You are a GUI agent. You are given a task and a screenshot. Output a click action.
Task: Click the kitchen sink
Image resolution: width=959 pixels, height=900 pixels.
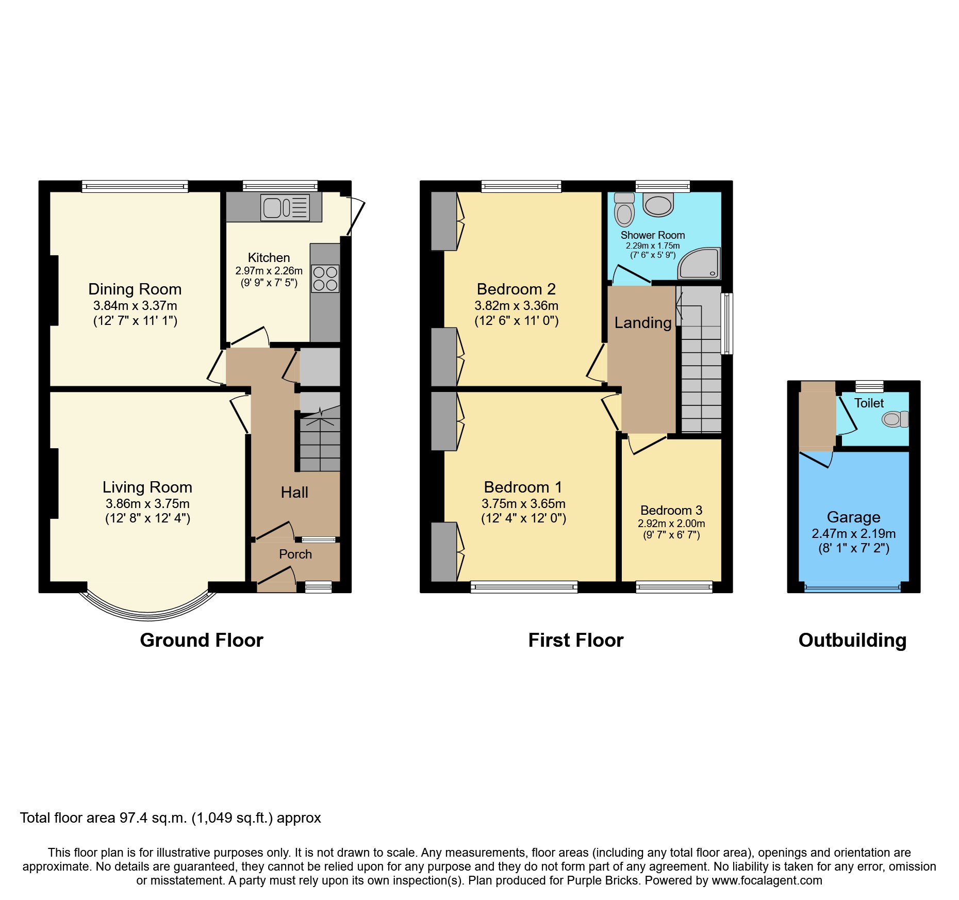(x=285, y=207)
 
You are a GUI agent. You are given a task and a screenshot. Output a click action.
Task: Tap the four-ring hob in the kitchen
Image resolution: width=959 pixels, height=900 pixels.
(x=325, y=279)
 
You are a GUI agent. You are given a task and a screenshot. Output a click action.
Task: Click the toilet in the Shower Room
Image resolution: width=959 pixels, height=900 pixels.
(x=624, y=210)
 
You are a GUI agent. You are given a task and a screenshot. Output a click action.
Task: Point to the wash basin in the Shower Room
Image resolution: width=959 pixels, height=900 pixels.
(x=658, y=205)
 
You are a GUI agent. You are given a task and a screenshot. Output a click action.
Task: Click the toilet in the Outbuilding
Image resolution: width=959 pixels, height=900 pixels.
(x=895, y=419)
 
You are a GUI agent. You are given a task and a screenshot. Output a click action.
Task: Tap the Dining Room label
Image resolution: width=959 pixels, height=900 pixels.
(x=135, y=289)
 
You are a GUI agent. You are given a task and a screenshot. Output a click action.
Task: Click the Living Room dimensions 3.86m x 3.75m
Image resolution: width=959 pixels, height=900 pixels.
(x=147, y=503)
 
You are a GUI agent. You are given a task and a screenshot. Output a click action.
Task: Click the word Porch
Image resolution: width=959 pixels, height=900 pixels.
(x=295, y=554)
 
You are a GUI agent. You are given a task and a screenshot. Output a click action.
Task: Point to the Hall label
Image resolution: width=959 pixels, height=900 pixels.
(x=294, y=492)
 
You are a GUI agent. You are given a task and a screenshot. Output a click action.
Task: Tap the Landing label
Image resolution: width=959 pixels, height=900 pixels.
(x=643, y=323)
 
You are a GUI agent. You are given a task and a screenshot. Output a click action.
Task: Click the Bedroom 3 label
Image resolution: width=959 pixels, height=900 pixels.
(x=671, y=510)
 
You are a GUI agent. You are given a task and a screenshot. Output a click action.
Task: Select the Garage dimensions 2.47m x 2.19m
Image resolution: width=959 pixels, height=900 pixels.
(x=853, y=533)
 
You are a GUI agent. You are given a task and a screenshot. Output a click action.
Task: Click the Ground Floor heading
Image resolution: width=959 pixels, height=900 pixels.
(x=202, y=640)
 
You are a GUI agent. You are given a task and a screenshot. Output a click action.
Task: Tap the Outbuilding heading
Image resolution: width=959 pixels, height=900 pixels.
(x=852, y=640)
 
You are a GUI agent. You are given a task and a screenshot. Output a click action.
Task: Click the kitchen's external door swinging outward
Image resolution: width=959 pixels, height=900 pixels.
(x=356, y=217)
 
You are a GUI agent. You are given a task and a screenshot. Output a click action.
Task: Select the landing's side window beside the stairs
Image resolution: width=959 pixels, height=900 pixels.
(x=726, y=323)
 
